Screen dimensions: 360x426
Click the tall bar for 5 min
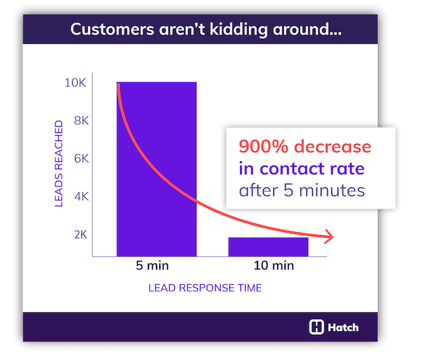tap(157, 169)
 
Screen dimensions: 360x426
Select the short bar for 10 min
tap(268, 246)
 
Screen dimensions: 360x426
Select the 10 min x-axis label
tap(274, 265)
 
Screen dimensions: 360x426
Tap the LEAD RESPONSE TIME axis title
tap(205, 289)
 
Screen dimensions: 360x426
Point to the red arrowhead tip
tap(333, 237)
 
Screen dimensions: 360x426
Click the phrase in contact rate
tap(301, 168)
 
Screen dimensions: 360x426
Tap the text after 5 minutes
tap(301, 190)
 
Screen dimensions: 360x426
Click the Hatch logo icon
tap(317, 327)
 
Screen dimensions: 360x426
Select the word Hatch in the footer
tap(344, 327)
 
